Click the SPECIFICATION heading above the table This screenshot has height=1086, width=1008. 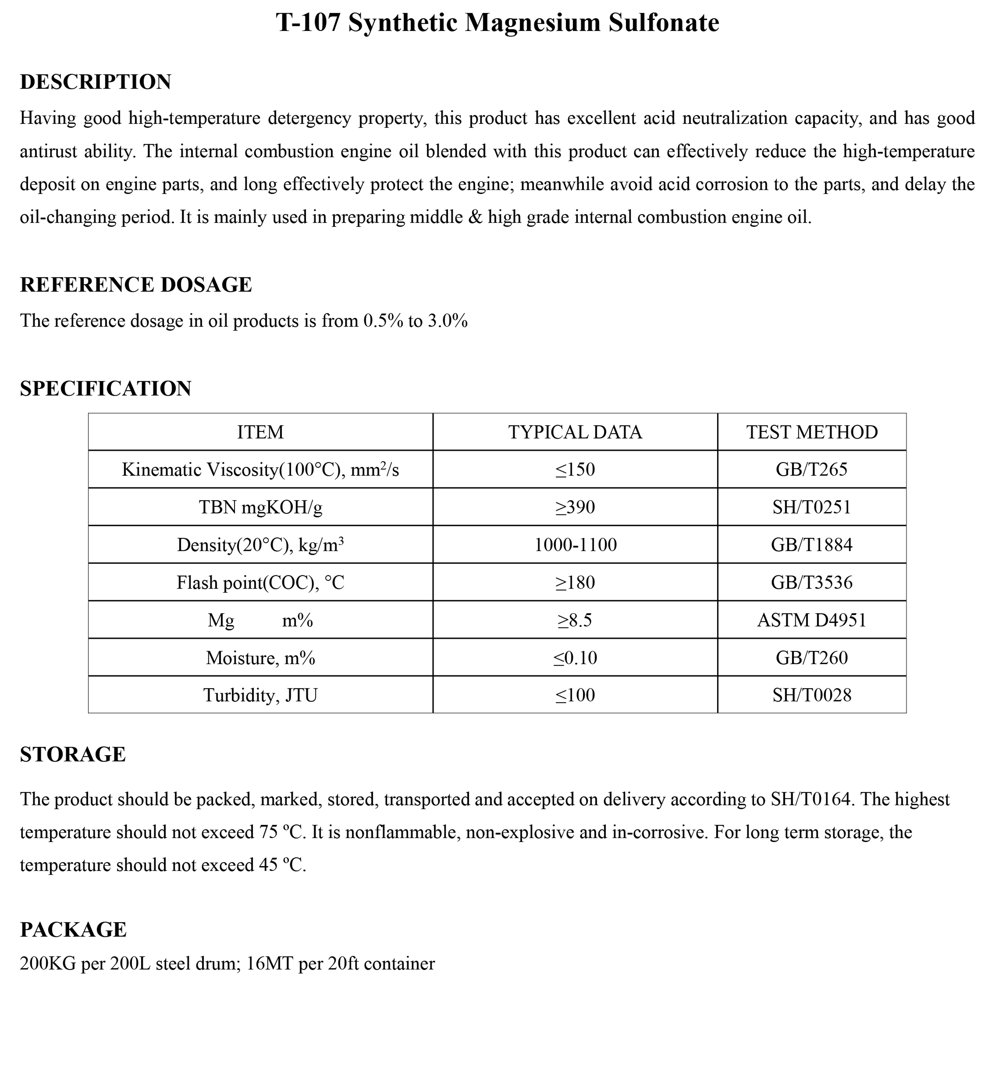[x=105, y=389]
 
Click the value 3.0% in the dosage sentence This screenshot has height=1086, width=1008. [x=447, y=321]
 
